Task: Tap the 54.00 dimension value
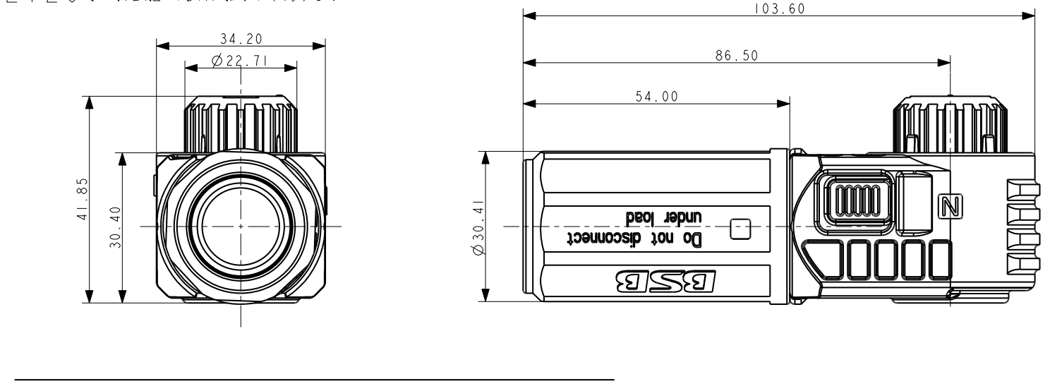click(656, 97)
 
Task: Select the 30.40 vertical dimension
click(116, 227)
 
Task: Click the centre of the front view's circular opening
click(241, 227)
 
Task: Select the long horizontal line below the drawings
click(317, 380)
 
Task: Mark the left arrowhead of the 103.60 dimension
click(529, 14)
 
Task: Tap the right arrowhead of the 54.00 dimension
click(783, 103)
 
